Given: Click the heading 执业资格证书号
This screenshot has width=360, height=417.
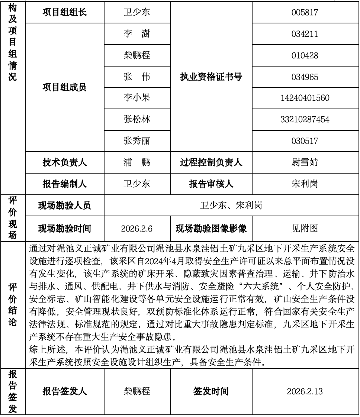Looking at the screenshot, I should tap(211, 77).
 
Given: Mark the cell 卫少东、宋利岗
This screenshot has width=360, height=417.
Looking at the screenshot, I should tap(231, 206).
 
